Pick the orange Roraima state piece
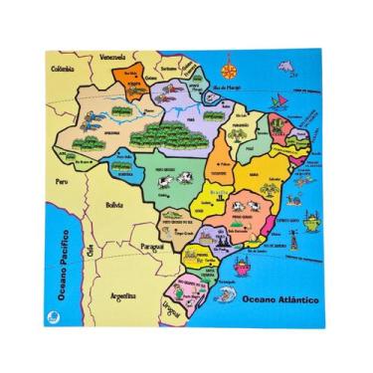[x=129, y=75]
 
